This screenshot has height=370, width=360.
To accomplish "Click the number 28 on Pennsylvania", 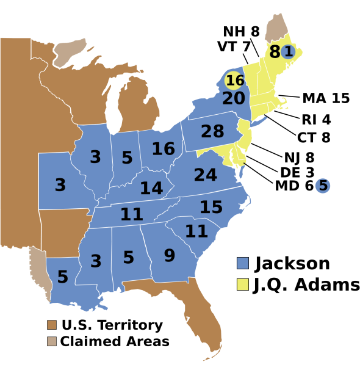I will point(212,131).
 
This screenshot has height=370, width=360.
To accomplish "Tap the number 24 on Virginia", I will point(206,175).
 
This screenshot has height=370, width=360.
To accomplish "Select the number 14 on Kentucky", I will point(151,188).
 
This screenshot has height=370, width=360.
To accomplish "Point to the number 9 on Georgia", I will point(169,255).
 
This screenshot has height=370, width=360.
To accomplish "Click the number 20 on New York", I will point(233,98).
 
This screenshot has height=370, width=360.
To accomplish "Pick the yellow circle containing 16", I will point(235,81).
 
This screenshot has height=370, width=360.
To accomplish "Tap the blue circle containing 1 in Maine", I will point(288,52).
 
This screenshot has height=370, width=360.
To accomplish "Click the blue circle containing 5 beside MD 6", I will point(323,185).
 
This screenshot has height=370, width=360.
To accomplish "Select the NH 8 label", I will point(241,32).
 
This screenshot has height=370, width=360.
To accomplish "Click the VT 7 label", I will point(232,46).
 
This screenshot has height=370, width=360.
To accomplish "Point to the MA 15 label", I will point(326,98).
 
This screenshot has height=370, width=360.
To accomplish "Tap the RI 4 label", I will point(316,119).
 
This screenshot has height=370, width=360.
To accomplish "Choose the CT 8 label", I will point(314,137).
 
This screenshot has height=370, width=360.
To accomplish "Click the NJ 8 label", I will point(299,158).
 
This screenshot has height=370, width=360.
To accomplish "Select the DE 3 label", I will point(297,172).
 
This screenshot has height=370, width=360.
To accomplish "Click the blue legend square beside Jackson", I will point(242,264).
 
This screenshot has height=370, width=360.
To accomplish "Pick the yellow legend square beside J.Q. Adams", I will point(242,285).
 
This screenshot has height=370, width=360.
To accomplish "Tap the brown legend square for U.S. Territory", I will point(52,325).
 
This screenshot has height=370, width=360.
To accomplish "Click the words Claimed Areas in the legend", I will point(115,341).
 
